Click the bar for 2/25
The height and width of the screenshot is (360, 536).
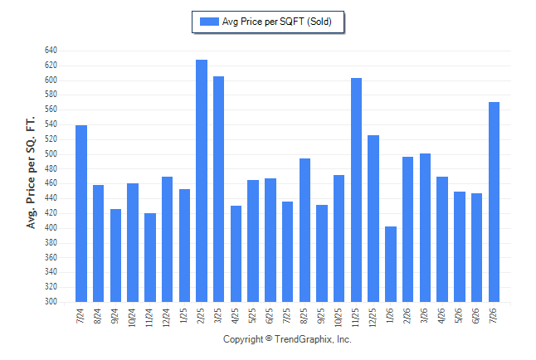coord(202,181)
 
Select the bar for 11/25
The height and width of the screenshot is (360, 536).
coord(356,190)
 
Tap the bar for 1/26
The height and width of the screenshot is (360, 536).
coord(391,265)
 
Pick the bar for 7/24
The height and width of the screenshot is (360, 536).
coord(81,214)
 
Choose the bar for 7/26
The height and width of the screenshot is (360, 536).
coord(494,202)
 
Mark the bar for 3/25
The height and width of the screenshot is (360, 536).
coord(218,189)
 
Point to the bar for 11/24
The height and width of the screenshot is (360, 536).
coord(150,258)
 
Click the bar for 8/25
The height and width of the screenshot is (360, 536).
coord(305,230)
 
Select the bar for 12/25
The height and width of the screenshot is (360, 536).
coord(373,219)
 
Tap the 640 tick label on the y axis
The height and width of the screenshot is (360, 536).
coord(51,51)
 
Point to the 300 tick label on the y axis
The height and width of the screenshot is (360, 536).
coord(51,302)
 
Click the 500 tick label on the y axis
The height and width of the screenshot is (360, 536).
coord(51,153)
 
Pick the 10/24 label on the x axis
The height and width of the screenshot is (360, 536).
coord(132,318)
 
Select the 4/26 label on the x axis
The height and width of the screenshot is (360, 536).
coord(441,316)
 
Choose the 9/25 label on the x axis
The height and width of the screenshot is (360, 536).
coord(321,316)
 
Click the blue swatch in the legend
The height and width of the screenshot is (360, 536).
coord(209,22)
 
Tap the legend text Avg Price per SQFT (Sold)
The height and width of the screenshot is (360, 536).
coord(277,22)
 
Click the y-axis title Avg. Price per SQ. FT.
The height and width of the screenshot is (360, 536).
coord(31,173)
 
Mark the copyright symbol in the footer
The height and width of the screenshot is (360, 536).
coord(269,338)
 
